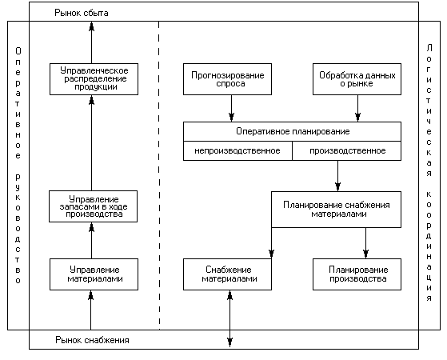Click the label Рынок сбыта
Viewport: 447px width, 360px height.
(82, 13)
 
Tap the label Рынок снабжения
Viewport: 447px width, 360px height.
(92, 340)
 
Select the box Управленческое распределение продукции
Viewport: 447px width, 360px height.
(94, 79)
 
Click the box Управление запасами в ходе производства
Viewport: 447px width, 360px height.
(93, 206)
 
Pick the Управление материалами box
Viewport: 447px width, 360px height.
(94, 274)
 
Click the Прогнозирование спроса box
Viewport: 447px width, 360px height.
(227, 79)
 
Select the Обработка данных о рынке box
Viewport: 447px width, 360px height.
(357, 79)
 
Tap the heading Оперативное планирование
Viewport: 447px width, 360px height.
(293, 131)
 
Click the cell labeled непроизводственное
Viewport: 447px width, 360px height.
(237, 150)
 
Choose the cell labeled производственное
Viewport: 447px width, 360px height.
(347, 150)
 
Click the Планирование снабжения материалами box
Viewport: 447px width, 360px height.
(336, 210)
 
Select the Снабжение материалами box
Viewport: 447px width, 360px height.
(227, 274)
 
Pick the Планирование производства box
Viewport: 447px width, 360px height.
(357, 274)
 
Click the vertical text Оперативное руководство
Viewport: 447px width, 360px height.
(18, 166)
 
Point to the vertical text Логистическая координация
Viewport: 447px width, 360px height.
(429, 173)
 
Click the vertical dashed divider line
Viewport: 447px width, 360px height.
(159, 175)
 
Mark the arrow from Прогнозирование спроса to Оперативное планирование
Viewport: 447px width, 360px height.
(231, 108)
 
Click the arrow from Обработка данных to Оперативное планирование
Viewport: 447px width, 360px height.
(357, 108)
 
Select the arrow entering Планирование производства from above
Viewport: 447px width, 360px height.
(365, 243)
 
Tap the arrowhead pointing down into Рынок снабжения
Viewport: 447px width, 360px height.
(229, 342)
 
